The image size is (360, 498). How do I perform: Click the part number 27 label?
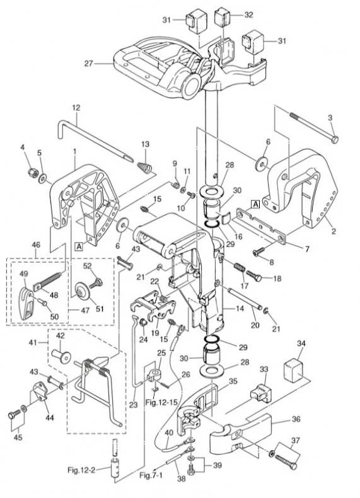click(x=88, y=64)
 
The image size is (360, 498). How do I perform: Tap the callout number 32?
click(x=248, y=15)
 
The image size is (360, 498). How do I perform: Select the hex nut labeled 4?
click(x=32, y=172)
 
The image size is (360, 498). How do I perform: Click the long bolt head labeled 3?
click(x=334, y=139)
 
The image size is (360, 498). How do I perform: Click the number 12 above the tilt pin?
click(x=76, y=108)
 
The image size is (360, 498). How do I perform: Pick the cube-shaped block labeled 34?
click(x=293, y=371)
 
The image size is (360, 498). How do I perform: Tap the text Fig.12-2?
click(x=81, y=470)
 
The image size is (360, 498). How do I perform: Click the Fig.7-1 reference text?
click(x=151, y=475)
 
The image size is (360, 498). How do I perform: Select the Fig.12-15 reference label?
click(x=161, y=402)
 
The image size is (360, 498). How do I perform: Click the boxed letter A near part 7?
click(x=255, y=204)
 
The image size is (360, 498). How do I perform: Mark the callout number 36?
click(x=296, y=419)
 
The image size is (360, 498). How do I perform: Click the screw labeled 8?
click(x=259, y=252)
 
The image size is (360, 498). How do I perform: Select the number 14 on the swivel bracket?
click(x=240, y=308)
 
